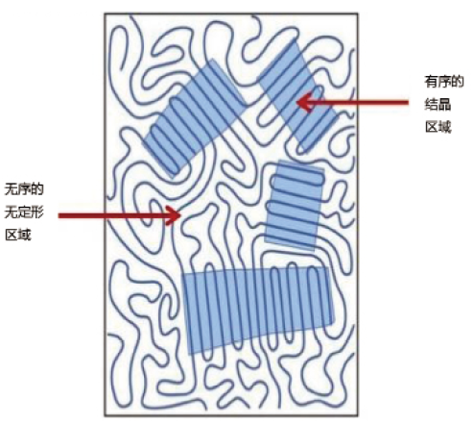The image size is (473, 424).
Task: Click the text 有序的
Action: coord(444,82)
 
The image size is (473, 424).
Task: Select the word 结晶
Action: coord(438,105)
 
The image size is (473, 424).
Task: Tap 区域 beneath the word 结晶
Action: coord(438,127)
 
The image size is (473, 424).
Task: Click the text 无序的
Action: coord(24,189)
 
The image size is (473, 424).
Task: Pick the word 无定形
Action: coord(24,212)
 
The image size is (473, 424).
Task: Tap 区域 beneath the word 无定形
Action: coord(18,235)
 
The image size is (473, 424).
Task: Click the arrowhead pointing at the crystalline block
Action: coord(304,103)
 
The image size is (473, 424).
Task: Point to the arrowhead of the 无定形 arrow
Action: coord(173,215)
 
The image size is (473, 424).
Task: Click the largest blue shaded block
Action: coord(258,310)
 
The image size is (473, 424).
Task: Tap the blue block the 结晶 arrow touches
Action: coord(298,95)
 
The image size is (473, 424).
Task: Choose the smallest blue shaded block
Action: coord(295,205)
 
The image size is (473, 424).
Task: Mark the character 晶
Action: coord(444,105)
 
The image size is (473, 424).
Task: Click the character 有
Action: coord(431,82)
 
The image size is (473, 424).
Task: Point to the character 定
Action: coord(24,212)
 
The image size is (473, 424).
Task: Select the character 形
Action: coord(37,212)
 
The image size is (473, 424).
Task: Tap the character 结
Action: coord(432,105)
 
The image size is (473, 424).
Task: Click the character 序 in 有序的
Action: coord(444,82)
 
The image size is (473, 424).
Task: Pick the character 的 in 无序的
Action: coord(37,189)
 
